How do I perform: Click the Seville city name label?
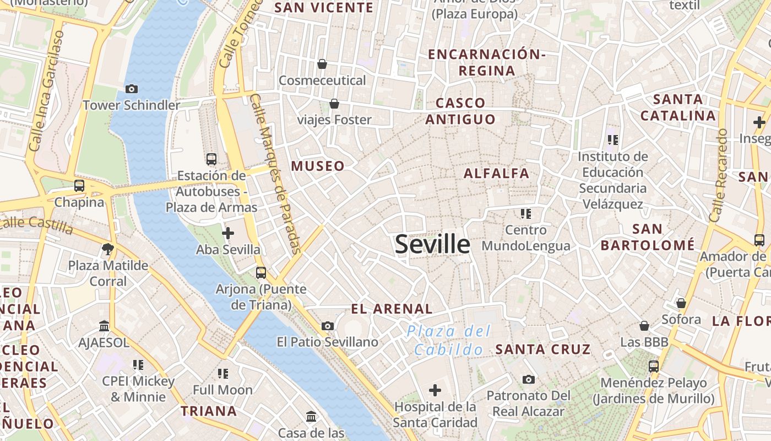432,244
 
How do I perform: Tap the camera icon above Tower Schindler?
132,89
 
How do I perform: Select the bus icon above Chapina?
79,186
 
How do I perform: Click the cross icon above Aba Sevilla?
228,233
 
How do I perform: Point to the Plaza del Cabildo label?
449,340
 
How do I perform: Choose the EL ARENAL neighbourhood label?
392,309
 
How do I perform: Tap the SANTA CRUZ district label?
542,349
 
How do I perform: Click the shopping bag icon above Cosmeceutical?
322,64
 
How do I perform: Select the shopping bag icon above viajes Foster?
334,104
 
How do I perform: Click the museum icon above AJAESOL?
104,326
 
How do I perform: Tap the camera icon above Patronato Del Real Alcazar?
529,379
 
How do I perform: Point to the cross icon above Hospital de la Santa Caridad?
435,391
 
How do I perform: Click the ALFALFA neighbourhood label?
496,173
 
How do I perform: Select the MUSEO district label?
318,166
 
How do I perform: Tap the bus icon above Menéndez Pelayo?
654,366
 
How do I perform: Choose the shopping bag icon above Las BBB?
644,326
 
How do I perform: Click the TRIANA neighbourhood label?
209,411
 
